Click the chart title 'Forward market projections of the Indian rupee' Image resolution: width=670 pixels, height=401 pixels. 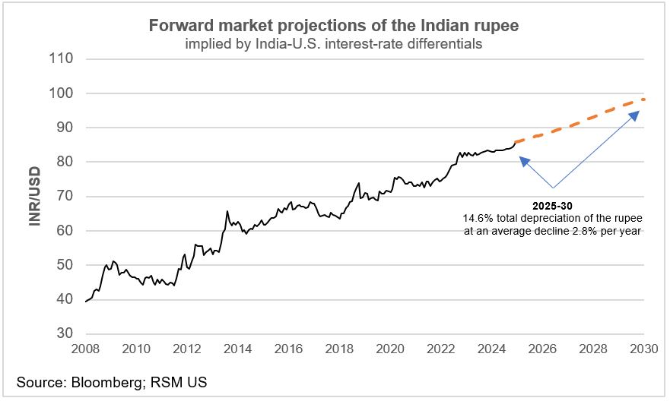click(334, 26)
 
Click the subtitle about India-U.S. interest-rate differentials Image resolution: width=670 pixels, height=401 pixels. click(334, 44)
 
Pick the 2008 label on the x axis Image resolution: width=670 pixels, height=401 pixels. click(84, 350)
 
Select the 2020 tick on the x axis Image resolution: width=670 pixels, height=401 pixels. click(390, 350)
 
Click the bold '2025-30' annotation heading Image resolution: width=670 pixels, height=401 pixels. click(553, 206)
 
